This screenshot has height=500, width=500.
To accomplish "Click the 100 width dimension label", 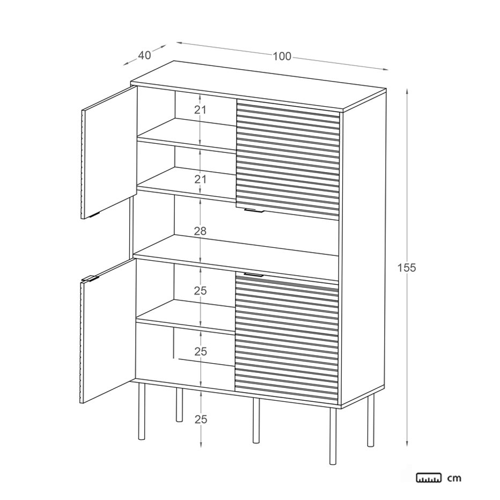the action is [x=282, y=56].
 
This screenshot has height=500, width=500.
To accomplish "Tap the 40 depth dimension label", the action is [x=144, y=55].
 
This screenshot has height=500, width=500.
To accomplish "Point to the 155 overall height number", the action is [x=407, y=268].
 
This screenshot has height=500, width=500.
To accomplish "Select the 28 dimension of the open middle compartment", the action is [x=200, y=231].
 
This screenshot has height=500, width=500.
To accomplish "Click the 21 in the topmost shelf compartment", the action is [x=200, y=109].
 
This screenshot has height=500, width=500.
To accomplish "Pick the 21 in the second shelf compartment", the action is [x=200, y=180].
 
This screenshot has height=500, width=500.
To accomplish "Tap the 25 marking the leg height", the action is [x=201, y=420].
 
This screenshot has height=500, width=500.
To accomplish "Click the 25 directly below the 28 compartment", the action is [x=201, y=291].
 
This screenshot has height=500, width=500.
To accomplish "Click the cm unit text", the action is [x=454, y=478].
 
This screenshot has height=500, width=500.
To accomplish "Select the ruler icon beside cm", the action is [x=429, y=477].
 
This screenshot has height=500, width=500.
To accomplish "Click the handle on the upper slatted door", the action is [x=254, y=210].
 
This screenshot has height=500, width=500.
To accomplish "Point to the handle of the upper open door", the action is [x=95, y=215].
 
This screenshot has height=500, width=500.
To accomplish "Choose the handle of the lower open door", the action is [x=90, y=278].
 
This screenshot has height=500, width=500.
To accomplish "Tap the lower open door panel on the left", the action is [x=107, y=330].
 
